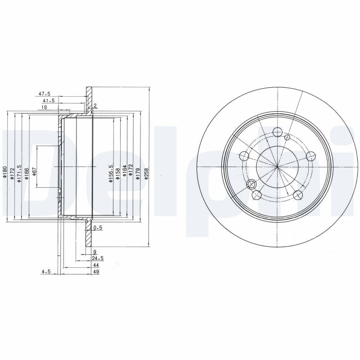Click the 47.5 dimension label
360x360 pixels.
tap(44, 94)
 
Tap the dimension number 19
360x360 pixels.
tap(45, 108)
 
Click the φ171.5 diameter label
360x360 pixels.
tap(18, 173)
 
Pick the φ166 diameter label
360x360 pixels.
tap(27, 173)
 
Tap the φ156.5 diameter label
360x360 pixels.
tap(111, 173)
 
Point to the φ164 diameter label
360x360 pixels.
tap(125, 173)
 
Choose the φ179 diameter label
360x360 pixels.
tap(138, 173)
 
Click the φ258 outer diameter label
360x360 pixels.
tap(147, 173)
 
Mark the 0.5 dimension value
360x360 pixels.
tap(99, 228)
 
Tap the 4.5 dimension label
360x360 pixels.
tap(45, 272)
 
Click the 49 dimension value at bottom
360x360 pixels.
tap(96, 272)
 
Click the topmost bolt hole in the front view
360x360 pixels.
tap(278, 132)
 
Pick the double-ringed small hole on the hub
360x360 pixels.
tap(252, 184)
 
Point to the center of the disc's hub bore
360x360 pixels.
tap(278, 167)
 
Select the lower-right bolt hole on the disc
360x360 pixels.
tap(297, 195)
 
